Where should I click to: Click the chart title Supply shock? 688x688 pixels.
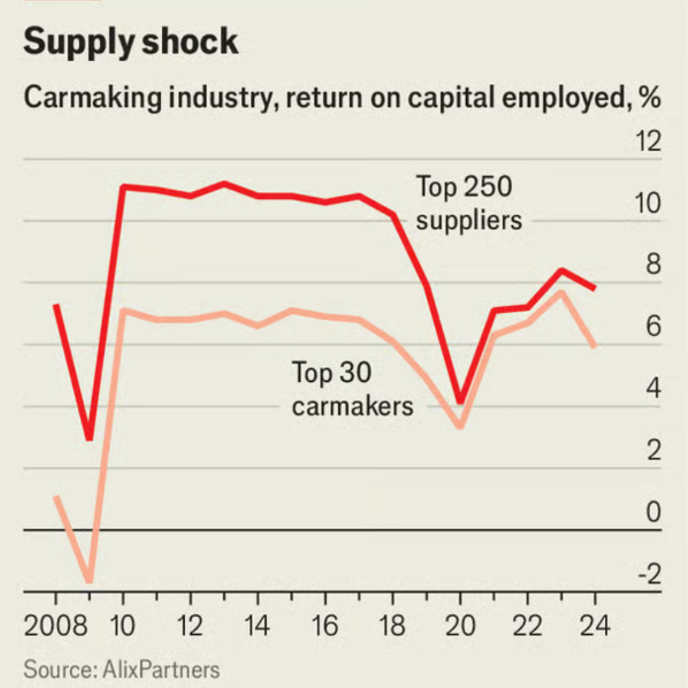[130, 42]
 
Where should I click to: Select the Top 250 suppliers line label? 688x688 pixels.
[469, 203]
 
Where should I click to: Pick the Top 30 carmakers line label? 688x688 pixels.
[352, 389]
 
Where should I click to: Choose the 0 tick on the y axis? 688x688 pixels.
[653, 513]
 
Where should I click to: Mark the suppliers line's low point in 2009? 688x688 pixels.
[90, 438]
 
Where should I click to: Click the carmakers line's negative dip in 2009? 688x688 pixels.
[90, 581]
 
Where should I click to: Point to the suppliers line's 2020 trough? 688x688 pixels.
[460, 401]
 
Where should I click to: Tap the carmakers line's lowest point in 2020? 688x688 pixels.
[460, 426]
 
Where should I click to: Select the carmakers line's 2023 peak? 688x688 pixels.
[561, 292]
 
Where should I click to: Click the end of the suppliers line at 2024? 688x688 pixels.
[595, 288]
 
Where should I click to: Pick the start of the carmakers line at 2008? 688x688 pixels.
[56, 497]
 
